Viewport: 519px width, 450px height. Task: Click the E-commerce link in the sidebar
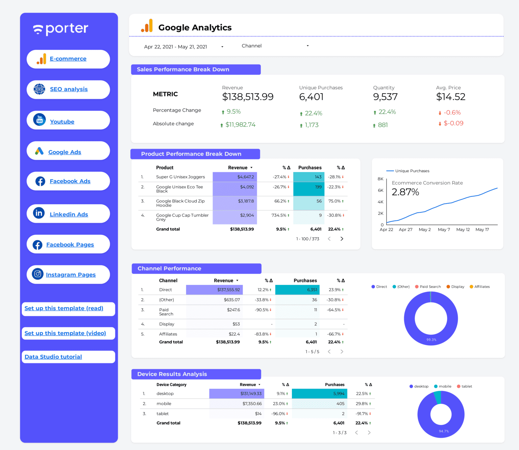[x=68, y=59]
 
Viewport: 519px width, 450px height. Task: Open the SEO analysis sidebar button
[x=69, y=89]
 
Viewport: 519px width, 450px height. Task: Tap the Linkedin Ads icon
[x=39, y=213]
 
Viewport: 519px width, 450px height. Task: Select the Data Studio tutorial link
[x=53, y=357]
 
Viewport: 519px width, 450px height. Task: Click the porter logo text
[x=67, y=29]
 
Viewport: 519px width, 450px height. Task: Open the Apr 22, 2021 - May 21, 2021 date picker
[x=183, y=47]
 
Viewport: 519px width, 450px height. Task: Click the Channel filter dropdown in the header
[x=275, y=46]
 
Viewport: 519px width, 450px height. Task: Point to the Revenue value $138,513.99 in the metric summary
[x=248, y=97]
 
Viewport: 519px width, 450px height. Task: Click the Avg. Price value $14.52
[x=450, y=97]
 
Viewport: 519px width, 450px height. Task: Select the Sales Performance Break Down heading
[x=183, y=69]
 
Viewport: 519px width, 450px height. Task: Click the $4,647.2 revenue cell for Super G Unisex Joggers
[x=246, y=177]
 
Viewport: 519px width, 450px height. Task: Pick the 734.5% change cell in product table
[x=279, y=215]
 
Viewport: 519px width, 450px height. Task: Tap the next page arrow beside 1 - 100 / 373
[x=342, y=239]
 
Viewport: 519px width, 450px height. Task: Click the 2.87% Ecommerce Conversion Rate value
[x=405, y=192]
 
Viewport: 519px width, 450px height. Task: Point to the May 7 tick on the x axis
[x=444, y=230]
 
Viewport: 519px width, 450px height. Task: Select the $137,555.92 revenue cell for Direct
[x=228, y=290]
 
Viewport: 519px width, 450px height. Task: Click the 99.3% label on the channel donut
[x=431, y=340]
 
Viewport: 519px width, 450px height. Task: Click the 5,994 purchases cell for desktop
[x=339, y=394]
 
